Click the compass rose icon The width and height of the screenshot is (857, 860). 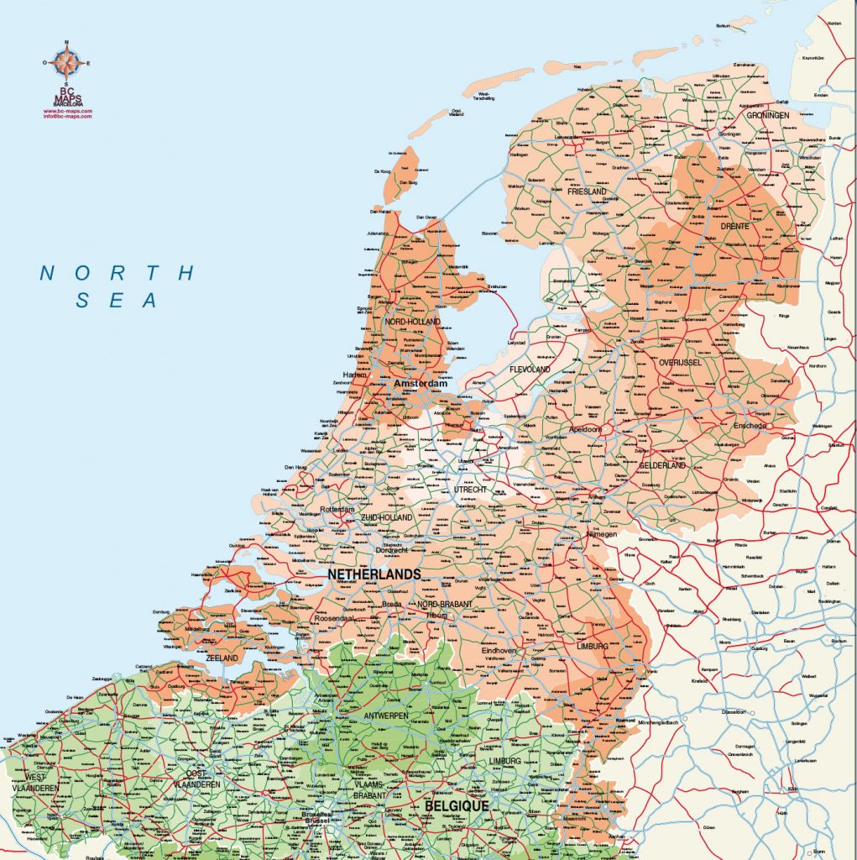point(66,64)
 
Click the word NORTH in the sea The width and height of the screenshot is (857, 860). point(118,273)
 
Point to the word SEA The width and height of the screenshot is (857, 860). point(118,301)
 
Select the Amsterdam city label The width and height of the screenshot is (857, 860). point(415,383)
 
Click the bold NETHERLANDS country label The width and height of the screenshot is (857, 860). point(374,574)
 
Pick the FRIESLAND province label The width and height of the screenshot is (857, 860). point(586,191)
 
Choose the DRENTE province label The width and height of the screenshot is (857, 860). point(734,226)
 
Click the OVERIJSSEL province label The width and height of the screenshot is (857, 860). point(679,362)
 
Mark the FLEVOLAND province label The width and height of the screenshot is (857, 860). point(530,369)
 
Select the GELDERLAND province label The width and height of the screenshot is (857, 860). point(662,465)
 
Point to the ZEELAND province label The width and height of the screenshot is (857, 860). point(222,658)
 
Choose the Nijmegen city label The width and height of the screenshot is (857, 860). point(600,534)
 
